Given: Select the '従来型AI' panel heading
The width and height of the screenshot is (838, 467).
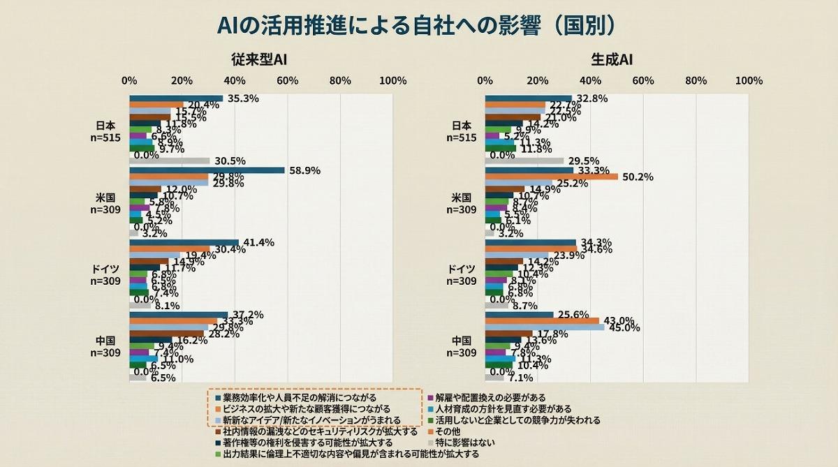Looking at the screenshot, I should (259, 60).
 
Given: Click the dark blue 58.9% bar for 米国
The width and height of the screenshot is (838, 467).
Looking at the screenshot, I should (207, 170).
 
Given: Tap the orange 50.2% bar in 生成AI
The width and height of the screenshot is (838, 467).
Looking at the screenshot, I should (551, 177).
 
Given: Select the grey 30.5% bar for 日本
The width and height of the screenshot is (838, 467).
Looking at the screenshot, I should (170, 161).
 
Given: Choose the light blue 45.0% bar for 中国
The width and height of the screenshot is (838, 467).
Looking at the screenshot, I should (544, 327).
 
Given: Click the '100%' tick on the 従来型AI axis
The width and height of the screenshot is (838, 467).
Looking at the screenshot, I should (392, 80).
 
